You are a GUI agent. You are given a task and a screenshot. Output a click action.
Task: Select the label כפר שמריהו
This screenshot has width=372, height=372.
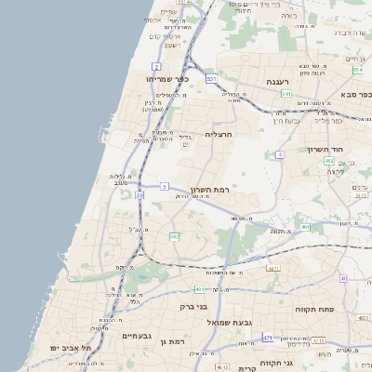point(168,79)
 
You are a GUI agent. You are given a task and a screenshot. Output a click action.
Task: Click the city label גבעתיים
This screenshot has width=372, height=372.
point(138,335)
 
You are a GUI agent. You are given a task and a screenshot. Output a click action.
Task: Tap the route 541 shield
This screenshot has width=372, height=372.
point(286,94)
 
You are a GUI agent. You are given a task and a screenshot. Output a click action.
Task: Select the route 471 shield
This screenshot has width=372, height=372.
point(268,338)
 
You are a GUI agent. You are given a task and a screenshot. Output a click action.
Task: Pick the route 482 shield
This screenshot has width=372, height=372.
point(174,237)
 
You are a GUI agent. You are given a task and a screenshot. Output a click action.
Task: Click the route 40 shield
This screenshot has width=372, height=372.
point(343,278)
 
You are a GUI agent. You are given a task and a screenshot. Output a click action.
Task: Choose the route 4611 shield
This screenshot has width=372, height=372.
point(273,268)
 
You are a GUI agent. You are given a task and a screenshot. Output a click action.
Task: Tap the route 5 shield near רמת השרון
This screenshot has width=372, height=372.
point(164,187)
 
